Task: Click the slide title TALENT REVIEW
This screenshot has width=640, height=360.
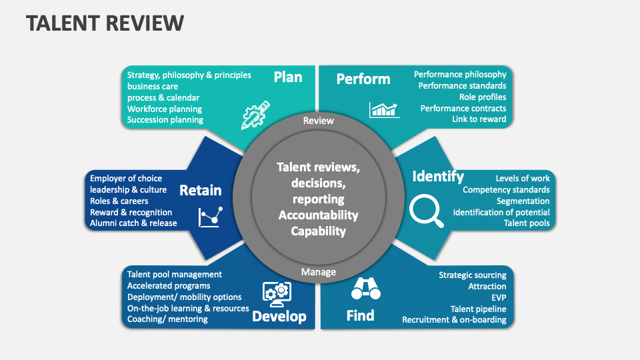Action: pyautogui.click(x=105, y=23)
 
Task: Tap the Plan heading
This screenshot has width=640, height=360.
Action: pyautogui.click(x=288, y=77)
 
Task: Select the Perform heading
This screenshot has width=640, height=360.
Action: pyautogui.click(x=363, y=79)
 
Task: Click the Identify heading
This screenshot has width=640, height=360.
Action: pyautogui.click(x=438, y=177)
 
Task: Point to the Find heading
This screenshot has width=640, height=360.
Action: pyautogui.click(x=360, y=315)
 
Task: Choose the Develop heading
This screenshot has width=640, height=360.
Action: pyautogui.click(x=279, y=316)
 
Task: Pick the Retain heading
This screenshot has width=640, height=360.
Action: pyautogui.click(x=201, y=191)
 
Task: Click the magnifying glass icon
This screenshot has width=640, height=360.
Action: pyautogui.click(x=426, y=211)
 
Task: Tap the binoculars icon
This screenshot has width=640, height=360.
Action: pyautogui.click(x=365, y=289)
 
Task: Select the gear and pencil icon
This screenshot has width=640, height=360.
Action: pyautogui.click(x=255, y=114)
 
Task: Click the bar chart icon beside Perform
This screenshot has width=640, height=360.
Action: pyautogui.click(x=384, y=109)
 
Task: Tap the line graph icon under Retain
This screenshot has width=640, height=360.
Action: pyautogui.click(x=210, y=216)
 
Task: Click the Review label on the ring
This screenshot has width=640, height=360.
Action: pyautogui.click(x=319, y=121)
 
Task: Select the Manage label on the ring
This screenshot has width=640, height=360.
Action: pyautogui.click(x=319, y=272)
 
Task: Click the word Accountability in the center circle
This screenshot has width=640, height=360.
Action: pyautogui.click(x=319, y=215)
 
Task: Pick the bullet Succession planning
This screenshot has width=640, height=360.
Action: pyautogui.click(x=165, y=120)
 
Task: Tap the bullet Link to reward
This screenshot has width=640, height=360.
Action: pyautogui.click(x=479, y=119)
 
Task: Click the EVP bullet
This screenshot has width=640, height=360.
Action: pyautogui.click(x=499, y=297)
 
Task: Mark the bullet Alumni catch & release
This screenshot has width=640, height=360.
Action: pyautogui.click(x=133, y=223)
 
